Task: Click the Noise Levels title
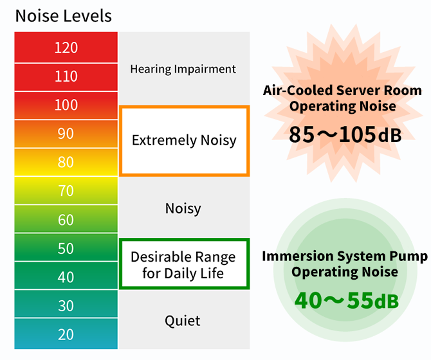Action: [x=63, y=15]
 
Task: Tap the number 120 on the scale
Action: [x=66, y=48]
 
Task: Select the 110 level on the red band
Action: [x=66, y=76]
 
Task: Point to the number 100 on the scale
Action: [x=66, y=105]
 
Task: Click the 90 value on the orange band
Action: [x=66, y=134]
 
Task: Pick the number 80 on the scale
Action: [x=66, y=162]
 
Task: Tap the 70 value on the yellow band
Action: [x=66, y=191]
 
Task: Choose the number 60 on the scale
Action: [x=66, y=220]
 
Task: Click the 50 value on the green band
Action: [x=66, y=249]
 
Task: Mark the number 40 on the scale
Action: [x=66, y=277]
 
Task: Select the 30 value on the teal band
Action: [x=66, y=306]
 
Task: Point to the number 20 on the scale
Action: [x=66, y=334]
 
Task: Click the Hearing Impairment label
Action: [x=183, y=69]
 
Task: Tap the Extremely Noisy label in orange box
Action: [x=184, y=140]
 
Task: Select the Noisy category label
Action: [x=183, y=208]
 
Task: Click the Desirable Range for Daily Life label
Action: [x=183, y=265]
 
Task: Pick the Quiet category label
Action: [x=183, y=320]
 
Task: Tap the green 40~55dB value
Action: [x=346, y=300]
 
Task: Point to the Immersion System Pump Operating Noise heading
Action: [x=345, y=264]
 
